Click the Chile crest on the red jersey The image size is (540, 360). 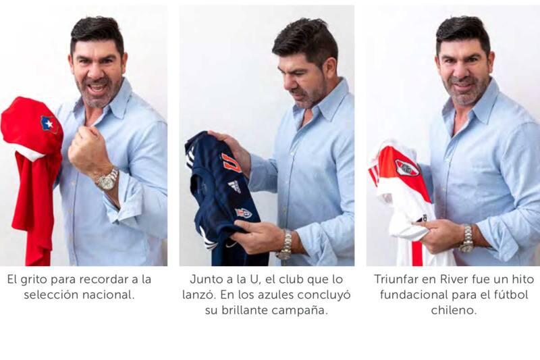click(x=48, y=123)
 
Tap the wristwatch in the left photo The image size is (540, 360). click(x=107, y=180)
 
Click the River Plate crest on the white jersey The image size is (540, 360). click(x=406, y=168)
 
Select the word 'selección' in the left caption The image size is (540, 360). click(x=50, y=295)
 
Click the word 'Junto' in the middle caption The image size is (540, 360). click(x=207, y=279)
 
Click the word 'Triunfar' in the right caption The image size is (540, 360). click(x=398, y=279)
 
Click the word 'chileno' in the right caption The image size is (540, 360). click(x=454, y=311)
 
